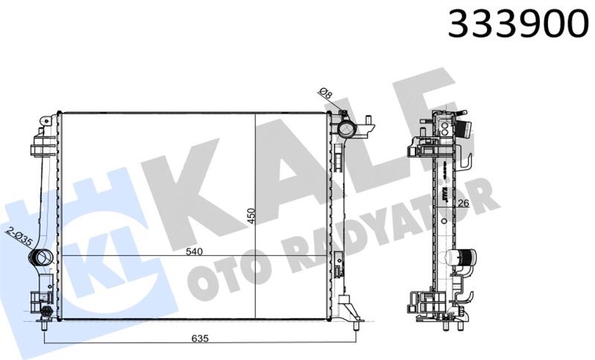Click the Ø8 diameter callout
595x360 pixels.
[325, 94]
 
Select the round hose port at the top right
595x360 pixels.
[347, 128]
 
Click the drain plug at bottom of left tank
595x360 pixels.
[47, 312]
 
